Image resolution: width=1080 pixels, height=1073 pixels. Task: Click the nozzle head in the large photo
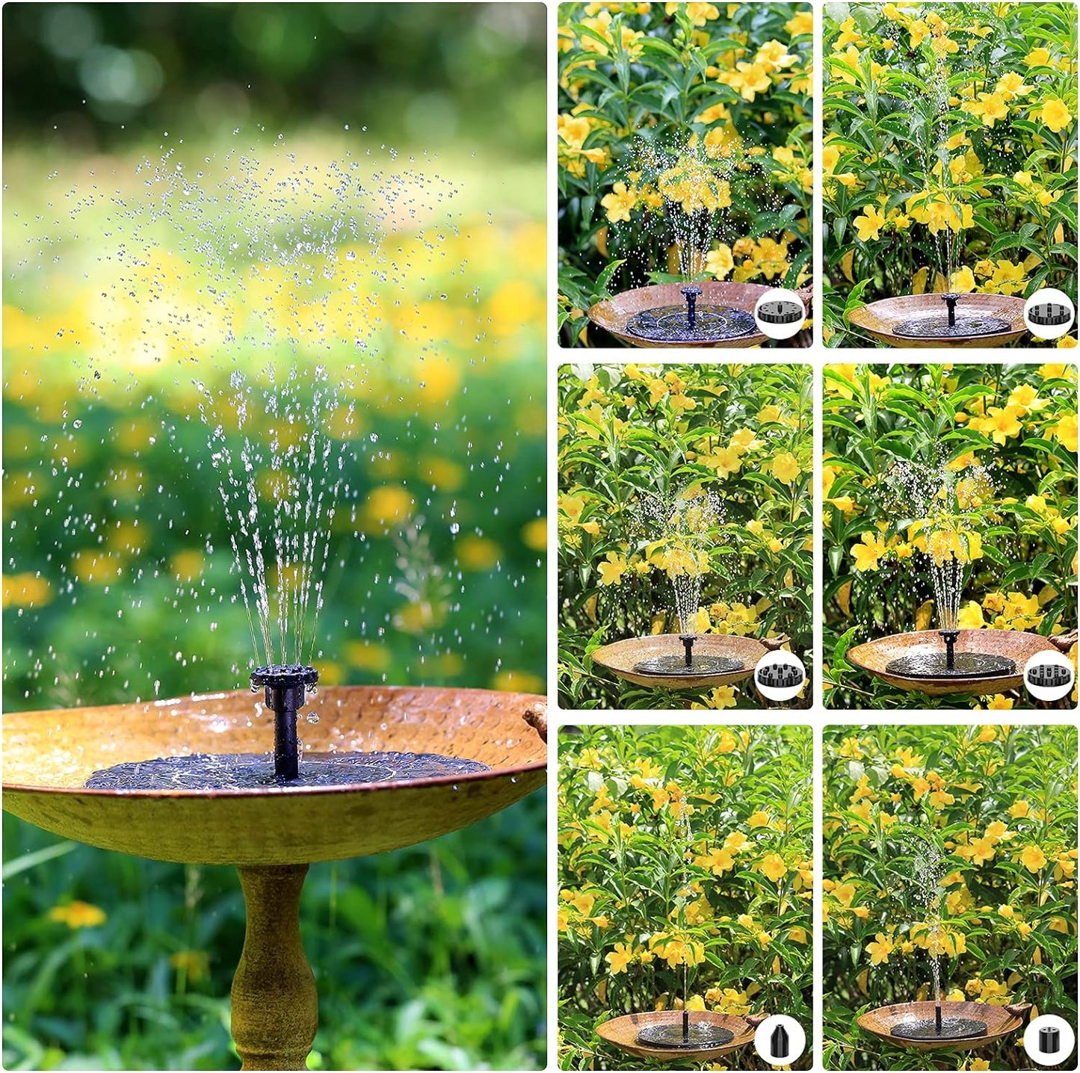[284, 678]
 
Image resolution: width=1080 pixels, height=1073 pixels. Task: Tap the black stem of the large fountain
[285, 736]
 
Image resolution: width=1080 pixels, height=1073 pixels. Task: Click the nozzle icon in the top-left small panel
[780, 312]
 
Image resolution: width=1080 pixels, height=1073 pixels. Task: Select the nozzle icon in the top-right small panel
[1048, 313]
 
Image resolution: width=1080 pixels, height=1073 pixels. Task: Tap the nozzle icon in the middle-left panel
[780, 675]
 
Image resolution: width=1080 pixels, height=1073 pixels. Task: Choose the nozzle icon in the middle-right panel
[1048, 675]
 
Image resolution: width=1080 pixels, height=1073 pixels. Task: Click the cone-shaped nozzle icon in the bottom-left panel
[780, 1038]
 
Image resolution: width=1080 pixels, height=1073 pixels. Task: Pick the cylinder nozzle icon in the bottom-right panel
[1048, 1038]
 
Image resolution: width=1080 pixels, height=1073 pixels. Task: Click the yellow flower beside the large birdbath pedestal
[78, 913]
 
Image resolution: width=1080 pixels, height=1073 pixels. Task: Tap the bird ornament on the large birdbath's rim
[535, 720]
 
